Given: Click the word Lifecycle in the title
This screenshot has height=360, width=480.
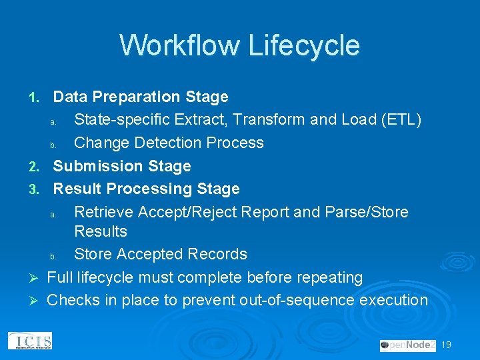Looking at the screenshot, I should (303, 45).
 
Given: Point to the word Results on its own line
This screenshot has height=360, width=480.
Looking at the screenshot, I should (101, 231).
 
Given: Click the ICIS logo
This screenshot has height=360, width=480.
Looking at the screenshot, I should (30, 341).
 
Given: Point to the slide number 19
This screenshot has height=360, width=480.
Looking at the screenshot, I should (447, 345).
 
